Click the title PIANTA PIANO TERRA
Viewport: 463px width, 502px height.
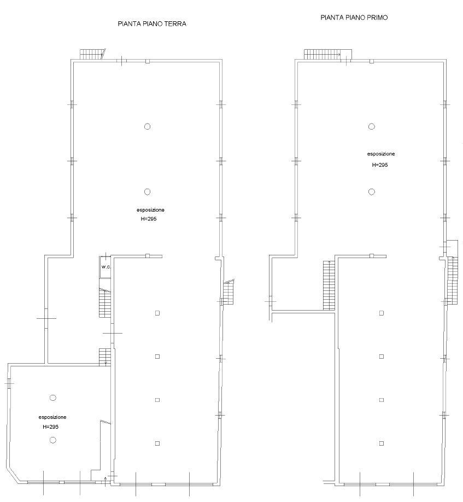tap(152, 24)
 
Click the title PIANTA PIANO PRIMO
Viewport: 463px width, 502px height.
tap(354, 17)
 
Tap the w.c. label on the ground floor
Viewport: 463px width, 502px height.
tap(106, 267)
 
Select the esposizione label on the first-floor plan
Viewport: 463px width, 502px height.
tap(381, 154)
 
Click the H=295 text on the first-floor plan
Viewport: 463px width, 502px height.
tap(380, 165)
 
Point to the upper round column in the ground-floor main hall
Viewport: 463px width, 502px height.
tap(147, 126)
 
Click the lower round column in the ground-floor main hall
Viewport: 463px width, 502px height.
tap(147, 192)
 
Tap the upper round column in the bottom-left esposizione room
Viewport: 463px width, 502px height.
tap(53, 398)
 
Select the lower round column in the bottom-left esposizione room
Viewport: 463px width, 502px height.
tap(53, 440)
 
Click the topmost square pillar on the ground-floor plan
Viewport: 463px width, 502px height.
tap(157, 313)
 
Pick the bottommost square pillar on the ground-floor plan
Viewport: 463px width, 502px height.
tap(157, 443)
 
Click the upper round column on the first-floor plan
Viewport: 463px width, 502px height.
tap(372, 126)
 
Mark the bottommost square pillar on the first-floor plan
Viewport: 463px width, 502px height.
tap(382, 443)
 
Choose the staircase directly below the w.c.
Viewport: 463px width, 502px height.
tap(105, 302)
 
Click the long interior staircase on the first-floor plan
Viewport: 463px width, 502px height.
tap(329, 285)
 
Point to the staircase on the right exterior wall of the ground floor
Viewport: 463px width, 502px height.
tap(229, 292)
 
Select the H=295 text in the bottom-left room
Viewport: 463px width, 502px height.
tap(50, 427)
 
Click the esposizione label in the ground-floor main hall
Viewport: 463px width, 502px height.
tap(150, 210)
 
